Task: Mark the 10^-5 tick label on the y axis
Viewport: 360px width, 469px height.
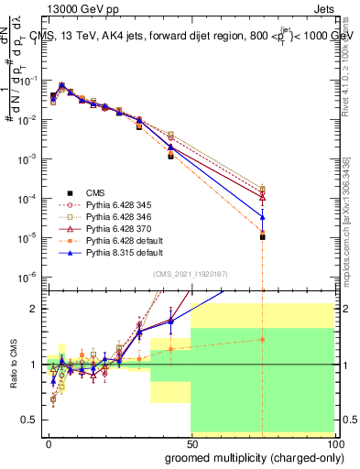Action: click(x=27, y=237)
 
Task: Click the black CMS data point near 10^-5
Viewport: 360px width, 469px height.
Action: click(x=262, y=236)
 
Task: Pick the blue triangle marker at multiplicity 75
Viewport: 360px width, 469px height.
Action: click(x=262, y=217)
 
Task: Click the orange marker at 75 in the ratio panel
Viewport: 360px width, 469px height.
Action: click(x=262, y=339)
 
